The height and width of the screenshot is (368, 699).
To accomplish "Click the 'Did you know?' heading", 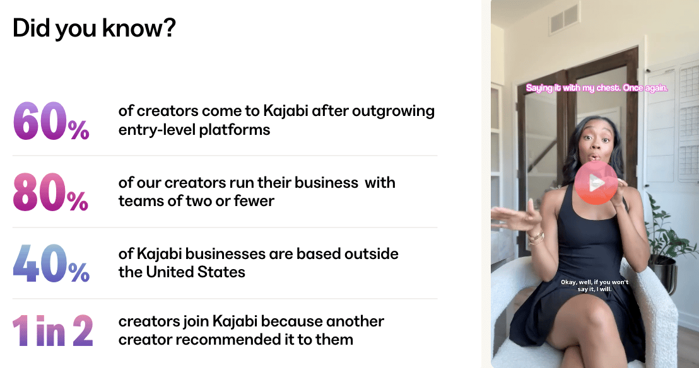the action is pyautogui.click(x=94, y=28).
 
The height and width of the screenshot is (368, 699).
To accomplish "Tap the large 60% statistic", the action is pyautogui.click(x=51, y=121).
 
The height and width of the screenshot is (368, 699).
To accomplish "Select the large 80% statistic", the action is pyautogui.click(x=50, y=192).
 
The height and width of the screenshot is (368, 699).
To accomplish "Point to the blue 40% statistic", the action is pyautogui.click(x=51, y=263).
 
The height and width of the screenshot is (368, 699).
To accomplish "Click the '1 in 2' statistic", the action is pyautogui.click(x=52, y=331).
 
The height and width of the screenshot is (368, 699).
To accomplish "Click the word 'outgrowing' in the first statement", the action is pyautogui.click(x=393, y=112).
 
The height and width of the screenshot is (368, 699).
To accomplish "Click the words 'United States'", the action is pyautogui.click(x=196, y=272).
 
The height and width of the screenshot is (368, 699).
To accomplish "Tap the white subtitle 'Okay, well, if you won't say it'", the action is pyautogui.click(x=595, y=285).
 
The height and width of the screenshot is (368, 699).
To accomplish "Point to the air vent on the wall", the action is pyautogui.click(x=564, y=19).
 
